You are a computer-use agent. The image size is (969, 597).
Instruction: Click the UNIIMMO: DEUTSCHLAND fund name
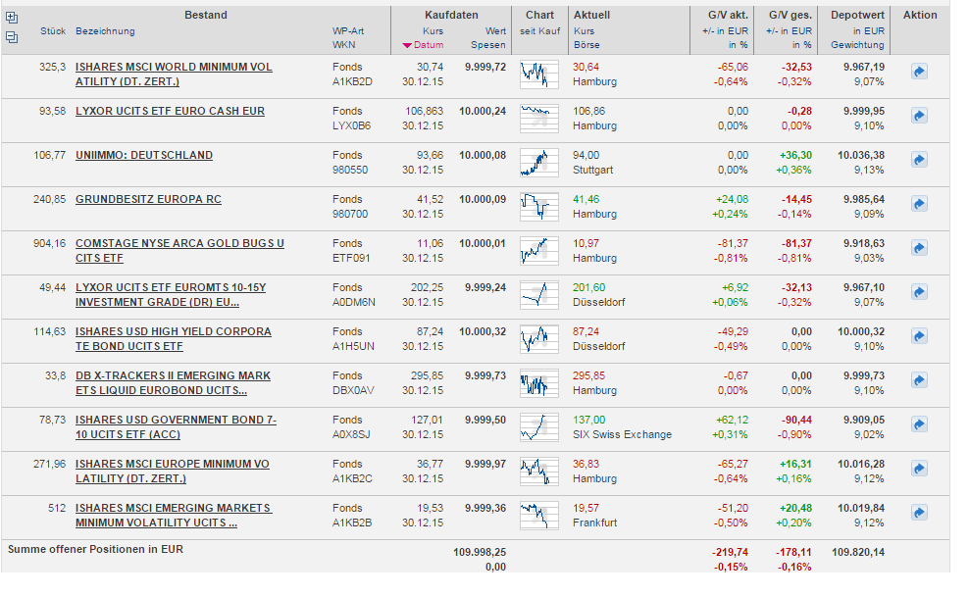click(143, 155)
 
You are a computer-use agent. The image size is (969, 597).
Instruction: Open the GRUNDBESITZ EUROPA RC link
click(147, 199)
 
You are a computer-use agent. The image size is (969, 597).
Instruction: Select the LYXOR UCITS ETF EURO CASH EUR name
click(170, 111)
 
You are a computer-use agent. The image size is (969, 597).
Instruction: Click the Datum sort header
click(429, 45)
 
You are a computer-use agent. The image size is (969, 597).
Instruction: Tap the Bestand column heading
click(205, 15)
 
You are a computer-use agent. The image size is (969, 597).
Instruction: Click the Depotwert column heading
click(857, 15)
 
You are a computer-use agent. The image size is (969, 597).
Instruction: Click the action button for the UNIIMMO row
click(919, 160)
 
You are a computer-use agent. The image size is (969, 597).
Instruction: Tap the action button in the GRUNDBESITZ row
click(919, 204)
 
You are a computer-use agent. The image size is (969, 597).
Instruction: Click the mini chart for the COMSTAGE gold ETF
click(538, 251)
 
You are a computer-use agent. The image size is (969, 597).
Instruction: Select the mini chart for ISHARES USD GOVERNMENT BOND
click(538, 427)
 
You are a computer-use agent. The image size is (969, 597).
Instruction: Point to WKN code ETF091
click(351, 258)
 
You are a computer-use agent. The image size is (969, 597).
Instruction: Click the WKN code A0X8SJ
click(352, 434)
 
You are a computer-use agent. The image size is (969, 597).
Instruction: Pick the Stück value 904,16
click(49, 243)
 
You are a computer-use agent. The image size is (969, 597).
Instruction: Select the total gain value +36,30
click(795, 155)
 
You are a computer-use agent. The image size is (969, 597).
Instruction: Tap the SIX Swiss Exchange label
click(622, 434)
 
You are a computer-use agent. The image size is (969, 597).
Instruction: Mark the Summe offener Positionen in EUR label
click(95, 549)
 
